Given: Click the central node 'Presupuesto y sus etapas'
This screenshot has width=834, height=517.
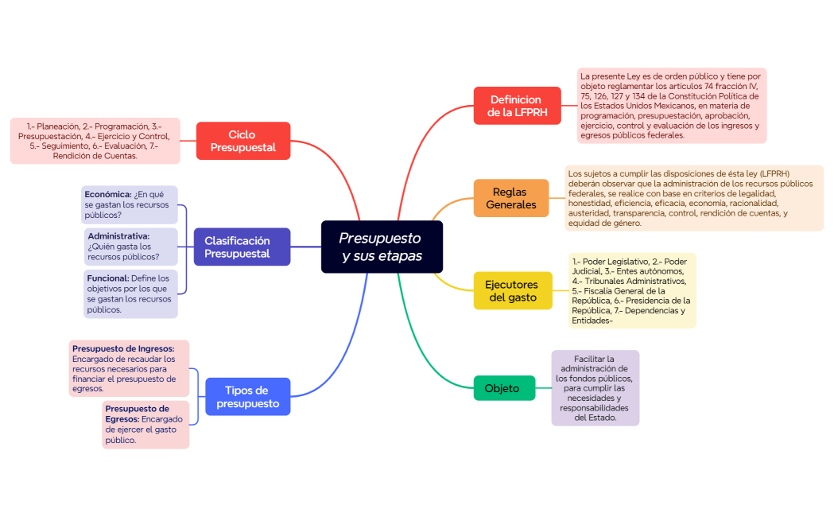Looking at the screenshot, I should [x=382, y=247].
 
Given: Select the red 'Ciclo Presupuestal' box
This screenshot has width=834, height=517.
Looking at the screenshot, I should [x=242, y=141].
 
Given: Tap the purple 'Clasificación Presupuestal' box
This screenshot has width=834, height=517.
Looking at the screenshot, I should [x=242, y=247].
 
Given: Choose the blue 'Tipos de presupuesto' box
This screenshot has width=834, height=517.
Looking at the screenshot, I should [x=247, y=396].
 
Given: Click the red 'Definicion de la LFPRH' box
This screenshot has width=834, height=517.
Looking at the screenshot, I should [x=515, y=106].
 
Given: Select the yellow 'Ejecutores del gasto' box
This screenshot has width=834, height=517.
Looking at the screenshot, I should [x=512, y=290].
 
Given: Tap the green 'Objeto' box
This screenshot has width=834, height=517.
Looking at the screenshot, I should [x=503, y=388].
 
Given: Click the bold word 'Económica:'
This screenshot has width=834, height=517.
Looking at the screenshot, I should [x=108, y=194].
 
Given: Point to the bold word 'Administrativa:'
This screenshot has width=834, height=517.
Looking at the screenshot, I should [x=118, y=236].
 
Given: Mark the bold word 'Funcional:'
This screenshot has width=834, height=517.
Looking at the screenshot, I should [x=108, y=278].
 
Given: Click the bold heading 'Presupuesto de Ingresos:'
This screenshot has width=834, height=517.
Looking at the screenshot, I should [x=123, y=348].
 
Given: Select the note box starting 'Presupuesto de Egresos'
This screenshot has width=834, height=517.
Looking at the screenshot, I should [x=145, y=425].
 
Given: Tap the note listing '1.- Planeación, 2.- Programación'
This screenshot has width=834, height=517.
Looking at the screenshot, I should [x=95, y=141].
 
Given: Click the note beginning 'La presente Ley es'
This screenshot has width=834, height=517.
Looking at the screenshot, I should [x=671, y=106].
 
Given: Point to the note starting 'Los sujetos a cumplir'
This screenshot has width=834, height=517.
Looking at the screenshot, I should [x=693, y=198].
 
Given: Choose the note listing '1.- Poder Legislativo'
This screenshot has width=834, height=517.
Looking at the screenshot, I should [x=632, y=290].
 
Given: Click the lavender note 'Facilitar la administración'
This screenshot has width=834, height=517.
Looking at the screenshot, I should [x=595, y=388].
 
